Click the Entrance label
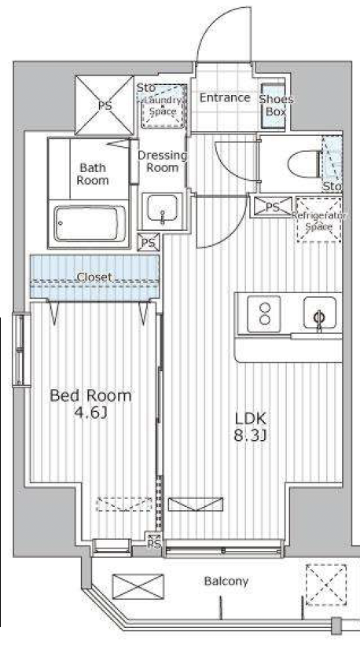click(x=224, y=98)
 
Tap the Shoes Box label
click(x=275, y=105)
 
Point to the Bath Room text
click(x=93, y=174)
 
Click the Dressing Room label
click(x=162, y=161)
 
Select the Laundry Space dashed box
click(x=163, y=107)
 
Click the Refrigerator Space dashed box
click(x=319, y=221)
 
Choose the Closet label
click(x=94, y=277)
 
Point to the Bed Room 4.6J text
click(x=91, y=403)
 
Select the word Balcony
click(x=226, y=582)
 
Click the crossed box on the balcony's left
click(x=138, y=587)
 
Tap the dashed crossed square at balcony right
click(x=324, y=585)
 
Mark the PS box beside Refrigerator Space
click(x=272, y=207)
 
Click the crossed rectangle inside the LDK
click(x=196, y=504)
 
